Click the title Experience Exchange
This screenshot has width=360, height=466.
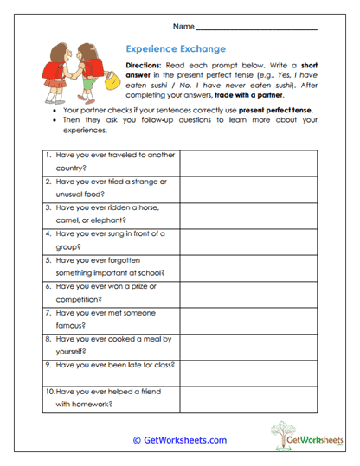tap(176, 49)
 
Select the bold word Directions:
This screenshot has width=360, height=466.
tap(149, 66)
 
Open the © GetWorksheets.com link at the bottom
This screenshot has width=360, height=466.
tap(179, 439)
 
